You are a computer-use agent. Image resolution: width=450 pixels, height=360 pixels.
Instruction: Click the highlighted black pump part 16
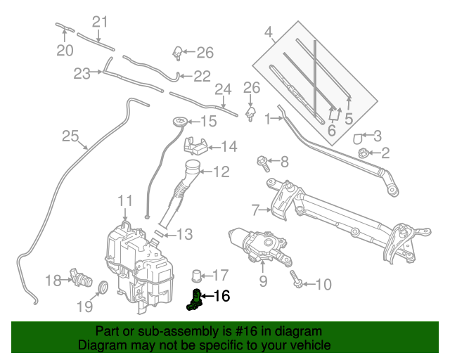[193, 299]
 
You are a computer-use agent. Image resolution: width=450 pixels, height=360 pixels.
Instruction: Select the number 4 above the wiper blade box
[268, 32]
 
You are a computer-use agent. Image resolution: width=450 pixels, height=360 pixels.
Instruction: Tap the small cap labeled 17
[198, 274]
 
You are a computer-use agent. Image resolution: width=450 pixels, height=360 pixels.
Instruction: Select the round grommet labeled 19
[102, 287]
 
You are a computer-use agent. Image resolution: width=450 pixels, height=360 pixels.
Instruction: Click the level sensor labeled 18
[80, 279]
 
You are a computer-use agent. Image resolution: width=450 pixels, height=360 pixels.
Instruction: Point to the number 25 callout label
[69, 136]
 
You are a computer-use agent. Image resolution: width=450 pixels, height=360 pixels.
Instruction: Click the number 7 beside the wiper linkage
[255, 209]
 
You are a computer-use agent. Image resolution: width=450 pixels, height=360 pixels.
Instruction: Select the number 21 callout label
[101, 21]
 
